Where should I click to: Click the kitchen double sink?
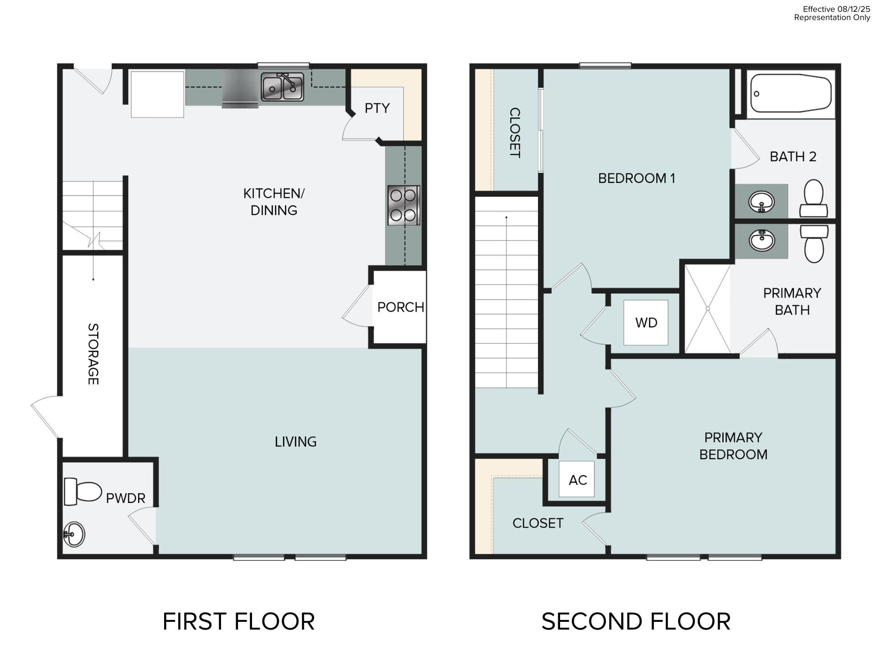coord(282,87)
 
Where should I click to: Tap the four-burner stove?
coord(403,205)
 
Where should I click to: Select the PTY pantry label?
coord(377,108)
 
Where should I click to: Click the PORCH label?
coord(401,307)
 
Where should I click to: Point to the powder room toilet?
coord(82,492)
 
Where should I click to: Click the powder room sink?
coord(74,534)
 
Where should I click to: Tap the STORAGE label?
coord(93,354)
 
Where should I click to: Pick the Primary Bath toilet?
coord(814,244)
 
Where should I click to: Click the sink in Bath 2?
coord(762,201)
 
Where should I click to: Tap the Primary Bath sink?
coord(762,240)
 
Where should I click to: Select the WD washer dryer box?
coord(646,323)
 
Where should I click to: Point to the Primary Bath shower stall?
coord(708,309)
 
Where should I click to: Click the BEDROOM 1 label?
coord(636,178)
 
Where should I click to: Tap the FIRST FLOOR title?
coord(238,621)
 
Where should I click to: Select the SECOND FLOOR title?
coord(636,621)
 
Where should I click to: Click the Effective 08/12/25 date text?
coord(836,9)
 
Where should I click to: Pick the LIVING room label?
coord(295,441)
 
